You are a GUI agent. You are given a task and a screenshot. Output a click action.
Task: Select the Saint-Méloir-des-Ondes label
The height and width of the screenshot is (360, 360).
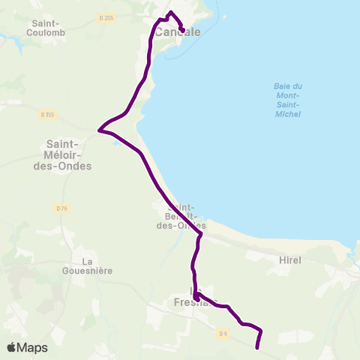click(69, 155)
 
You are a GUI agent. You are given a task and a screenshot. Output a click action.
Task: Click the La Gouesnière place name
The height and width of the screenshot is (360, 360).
click(87, 266)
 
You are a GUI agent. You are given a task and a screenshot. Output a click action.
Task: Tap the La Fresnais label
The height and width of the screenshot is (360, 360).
click(196, 296)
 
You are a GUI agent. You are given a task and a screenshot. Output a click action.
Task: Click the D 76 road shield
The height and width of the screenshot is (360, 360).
click(61, 208)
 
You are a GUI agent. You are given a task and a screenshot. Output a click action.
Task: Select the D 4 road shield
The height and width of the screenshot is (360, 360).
click(222, 333)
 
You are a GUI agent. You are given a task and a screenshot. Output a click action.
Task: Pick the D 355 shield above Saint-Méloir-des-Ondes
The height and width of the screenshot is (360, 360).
click(48, 115)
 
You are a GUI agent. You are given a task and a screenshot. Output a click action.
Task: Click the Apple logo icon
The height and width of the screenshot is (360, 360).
click(13, 347)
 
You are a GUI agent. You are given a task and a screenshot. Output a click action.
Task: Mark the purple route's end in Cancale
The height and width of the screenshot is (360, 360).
click(182, 31)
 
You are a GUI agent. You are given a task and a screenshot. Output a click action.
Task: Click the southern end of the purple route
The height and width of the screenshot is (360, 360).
click(257, 348)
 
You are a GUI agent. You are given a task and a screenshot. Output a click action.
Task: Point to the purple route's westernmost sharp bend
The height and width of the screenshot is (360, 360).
click(99, 130)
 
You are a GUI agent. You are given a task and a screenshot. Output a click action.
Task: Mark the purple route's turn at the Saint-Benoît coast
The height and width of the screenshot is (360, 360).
click(201, 235)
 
